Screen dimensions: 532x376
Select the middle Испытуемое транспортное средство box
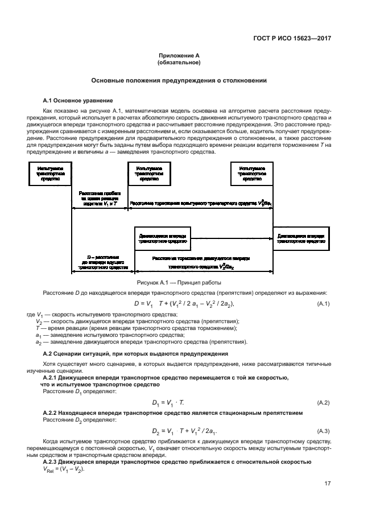[x=148, y=174]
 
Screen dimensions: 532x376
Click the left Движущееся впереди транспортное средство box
[x=162, y=238]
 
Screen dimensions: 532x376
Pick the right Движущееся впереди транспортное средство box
[x=301, y=238]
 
